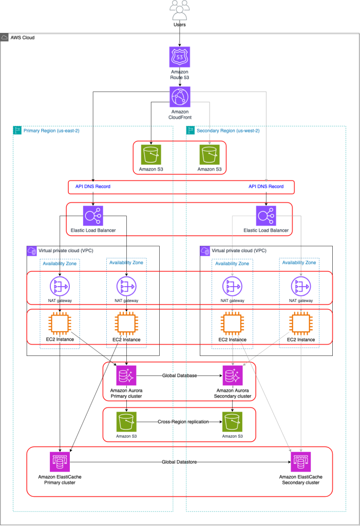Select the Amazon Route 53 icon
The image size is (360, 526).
pos(180,57)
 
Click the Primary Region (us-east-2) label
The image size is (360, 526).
pos(51,130)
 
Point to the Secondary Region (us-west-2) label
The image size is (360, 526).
pos(228,130)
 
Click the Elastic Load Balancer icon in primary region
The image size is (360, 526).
pos(93,216)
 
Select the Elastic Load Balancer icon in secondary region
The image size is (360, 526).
pos(266,216)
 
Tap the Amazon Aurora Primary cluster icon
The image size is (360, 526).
pos(126,375)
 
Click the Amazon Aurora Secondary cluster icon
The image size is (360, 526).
pos(232,375)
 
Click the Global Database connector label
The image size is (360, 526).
pos(179,375)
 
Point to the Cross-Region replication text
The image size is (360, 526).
pos(179,421)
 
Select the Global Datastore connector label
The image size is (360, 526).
pos(180,462)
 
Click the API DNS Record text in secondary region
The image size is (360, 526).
pos(266,186)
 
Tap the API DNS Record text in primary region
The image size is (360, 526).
pos(93,186)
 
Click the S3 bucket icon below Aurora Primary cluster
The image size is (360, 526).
pos(126,421)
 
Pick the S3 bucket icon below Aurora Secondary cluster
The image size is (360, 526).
pos(232,421)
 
